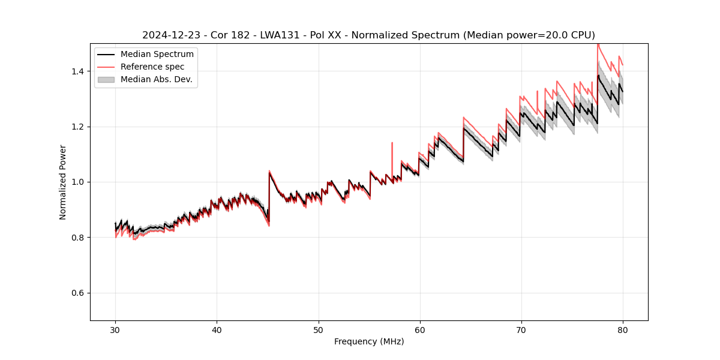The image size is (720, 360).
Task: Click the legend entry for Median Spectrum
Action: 157,55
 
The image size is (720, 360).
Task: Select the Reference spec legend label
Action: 152,67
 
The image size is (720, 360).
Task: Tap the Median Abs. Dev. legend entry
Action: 156,79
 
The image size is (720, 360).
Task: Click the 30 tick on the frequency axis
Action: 115,330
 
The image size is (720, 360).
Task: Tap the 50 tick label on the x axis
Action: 318,330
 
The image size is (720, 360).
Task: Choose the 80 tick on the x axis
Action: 623,330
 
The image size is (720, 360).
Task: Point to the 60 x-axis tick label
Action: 419,330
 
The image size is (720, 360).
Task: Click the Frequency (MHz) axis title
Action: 369,341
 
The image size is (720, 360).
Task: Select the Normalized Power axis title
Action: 63,182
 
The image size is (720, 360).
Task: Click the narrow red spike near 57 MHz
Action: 392,144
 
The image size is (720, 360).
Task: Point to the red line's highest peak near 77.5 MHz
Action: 598,45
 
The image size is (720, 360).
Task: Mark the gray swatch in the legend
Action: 106,79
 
